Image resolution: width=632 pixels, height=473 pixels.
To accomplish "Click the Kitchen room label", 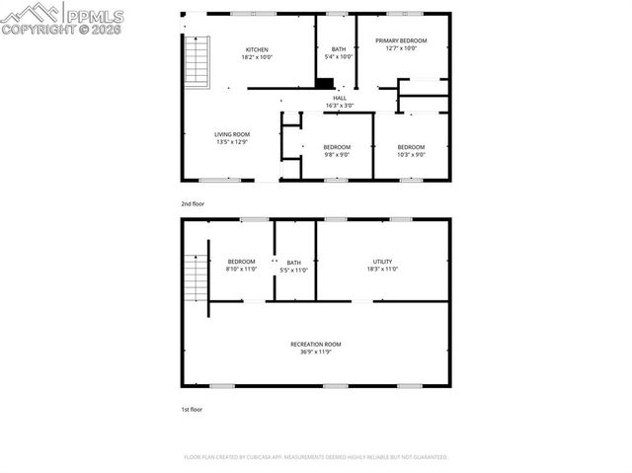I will point(257,49).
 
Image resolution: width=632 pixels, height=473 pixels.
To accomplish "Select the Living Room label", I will point(232,134).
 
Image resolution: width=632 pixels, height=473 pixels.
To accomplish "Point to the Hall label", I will point(340,99).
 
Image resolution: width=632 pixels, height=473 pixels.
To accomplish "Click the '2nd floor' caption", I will point(192,203).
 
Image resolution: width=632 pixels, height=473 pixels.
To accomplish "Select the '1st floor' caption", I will point(192,408).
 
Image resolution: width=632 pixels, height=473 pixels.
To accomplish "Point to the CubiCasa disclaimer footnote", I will point(316,457).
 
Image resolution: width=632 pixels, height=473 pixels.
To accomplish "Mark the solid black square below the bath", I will point(325,84).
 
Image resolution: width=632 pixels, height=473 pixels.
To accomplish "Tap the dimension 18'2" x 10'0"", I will point(257,57).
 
